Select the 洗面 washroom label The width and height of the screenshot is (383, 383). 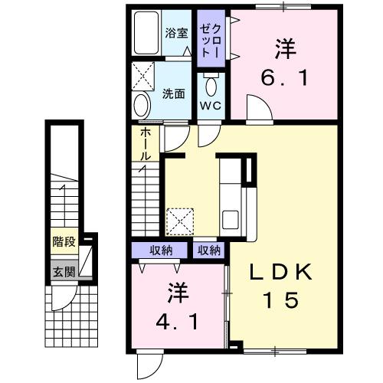(174, 94)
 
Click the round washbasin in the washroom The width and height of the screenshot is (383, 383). (142, 105)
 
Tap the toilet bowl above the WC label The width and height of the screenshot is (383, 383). (211, 82)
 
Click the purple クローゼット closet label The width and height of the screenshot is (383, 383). (208, 38)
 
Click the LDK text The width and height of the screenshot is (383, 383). (280, 272)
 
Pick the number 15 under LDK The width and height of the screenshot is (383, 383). (280, 301)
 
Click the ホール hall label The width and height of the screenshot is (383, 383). (145, 144)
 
